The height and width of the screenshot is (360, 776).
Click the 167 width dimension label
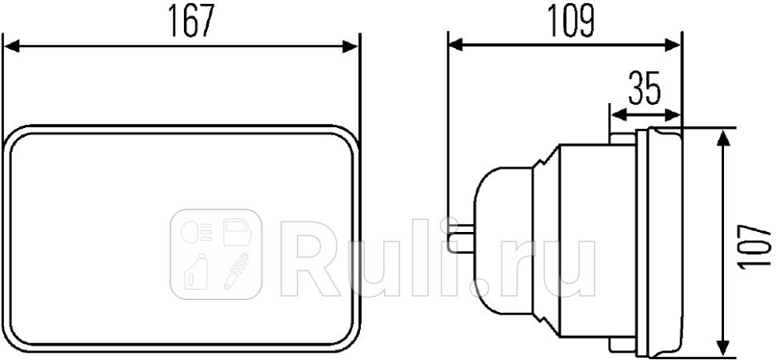pos(191,22)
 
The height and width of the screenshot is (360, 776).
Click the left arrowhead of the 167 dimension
pos(11,47)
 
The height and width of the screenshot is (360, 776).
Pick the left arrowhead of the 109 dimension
pos(456,46)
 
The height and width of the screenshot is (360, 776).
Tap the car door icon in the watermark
pos(237,232)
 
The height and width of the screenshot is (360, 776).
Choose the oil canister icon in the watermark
pos(195,271)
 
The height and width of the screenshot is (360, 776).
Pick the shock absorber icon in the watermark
pos(237,271)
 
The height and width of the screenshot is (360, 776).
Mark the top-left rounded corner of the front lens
pos(18,138)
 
